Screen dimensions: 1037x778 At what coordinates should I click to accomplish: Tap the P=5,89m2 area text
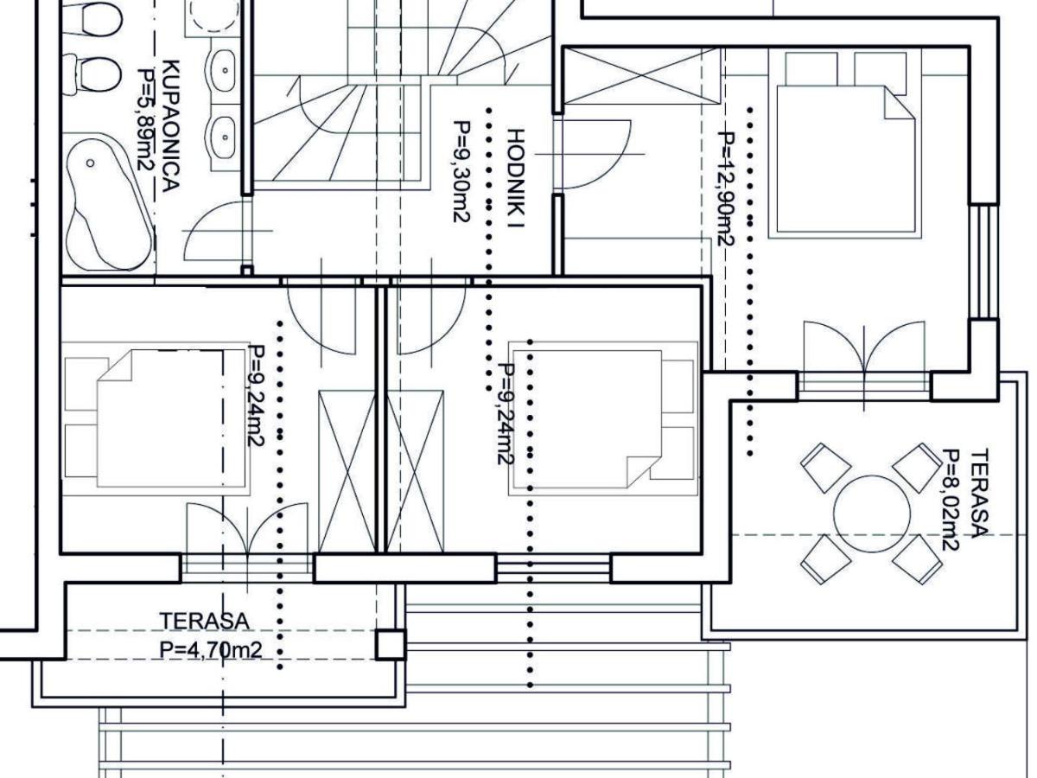pyautogui.click(x=146, y=119)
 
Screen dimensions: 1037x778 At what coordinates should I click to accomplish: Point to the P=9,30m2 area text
pyautogui.click(x=461, y=171)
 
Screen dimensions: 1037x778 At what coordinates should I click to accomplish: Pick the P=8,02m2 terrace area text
pyautogui.click(x=951, y=500)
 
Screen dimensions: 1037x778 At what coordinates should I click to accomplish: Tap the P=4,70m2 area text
pyautogui.click(x=211, y=650)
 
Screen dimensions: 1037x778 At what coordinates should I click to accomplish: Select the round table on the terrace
pyautogui.click(x=872, y=514)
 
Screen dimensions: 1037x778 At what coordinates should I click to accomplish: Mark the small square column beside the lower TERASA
pyautogui.click(x=391, y=644)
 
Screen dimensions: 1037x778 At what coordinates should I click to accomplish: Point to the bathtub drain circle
pyautogui.click(x=90, y=163)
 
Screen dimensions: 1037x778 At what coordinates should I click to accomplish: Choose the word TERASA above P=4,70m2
pyautogui.click(x=204, y=622)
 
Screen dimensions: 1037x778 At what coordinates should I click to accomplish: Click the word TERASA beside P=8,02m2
pyautogui.click(x=979, y=493)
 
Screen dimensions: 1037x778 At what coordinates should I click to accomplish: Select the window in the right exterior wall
pyautogui.click(x=984, y=261)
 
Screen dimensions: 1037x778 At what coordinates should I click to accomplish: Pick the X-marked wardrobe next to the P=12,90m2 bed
pyautogui.click(x=643, y=75)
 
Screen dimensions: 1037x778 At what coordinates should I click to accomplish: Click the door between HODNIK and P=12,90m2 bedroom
pyautogui.click(x=595, y=155)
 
